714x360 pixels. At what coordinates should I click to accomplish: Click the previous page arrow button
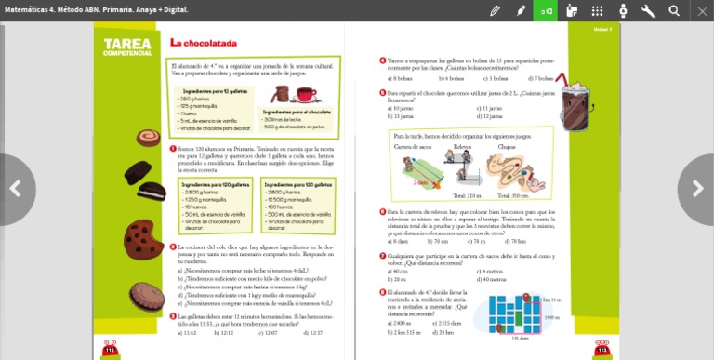pyautogui.click(x=15, y=189)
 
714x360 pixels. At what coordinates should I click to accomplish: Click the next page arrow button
pyautogui.click(x=697, y=189)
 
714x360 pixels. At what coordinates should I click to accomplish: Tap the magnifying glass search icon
pyautogui.click(x=674, y=10)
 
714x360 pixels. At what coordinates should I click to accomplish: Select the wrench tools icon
pyautogui.click(x=648, y=10)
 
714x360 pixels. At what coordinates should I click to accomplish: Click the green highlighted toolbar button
pyautogui.click(x=546, y=10)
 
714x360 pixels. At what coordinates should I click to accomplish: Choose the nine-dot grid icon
pyautogui.click(x=597, y=10)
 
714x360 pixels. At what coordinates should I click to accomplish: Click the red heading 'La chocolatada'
pyautogui.click(x=203, y=43)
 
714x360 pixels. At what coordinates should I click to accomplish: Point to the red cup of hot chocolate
pyautogui.click(x=306, y=95)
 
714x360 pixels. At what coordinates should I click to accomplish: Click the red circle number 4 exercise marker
pyautogui.click(x=382, y=60)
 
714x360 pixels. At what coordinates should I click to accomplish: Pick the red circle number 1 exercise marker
pyautogui.click(x=173, y=148)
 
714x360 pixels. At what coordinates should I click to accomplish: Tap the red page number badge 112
pyautogui.click(x=110, y=349)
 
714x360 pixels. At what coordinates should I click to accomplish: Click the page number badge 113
pyautogui.click(x=602, y=349)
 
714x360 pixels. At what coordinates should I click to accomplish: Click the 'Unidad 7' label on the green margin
pyautogui.click(x=602, y=29)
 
